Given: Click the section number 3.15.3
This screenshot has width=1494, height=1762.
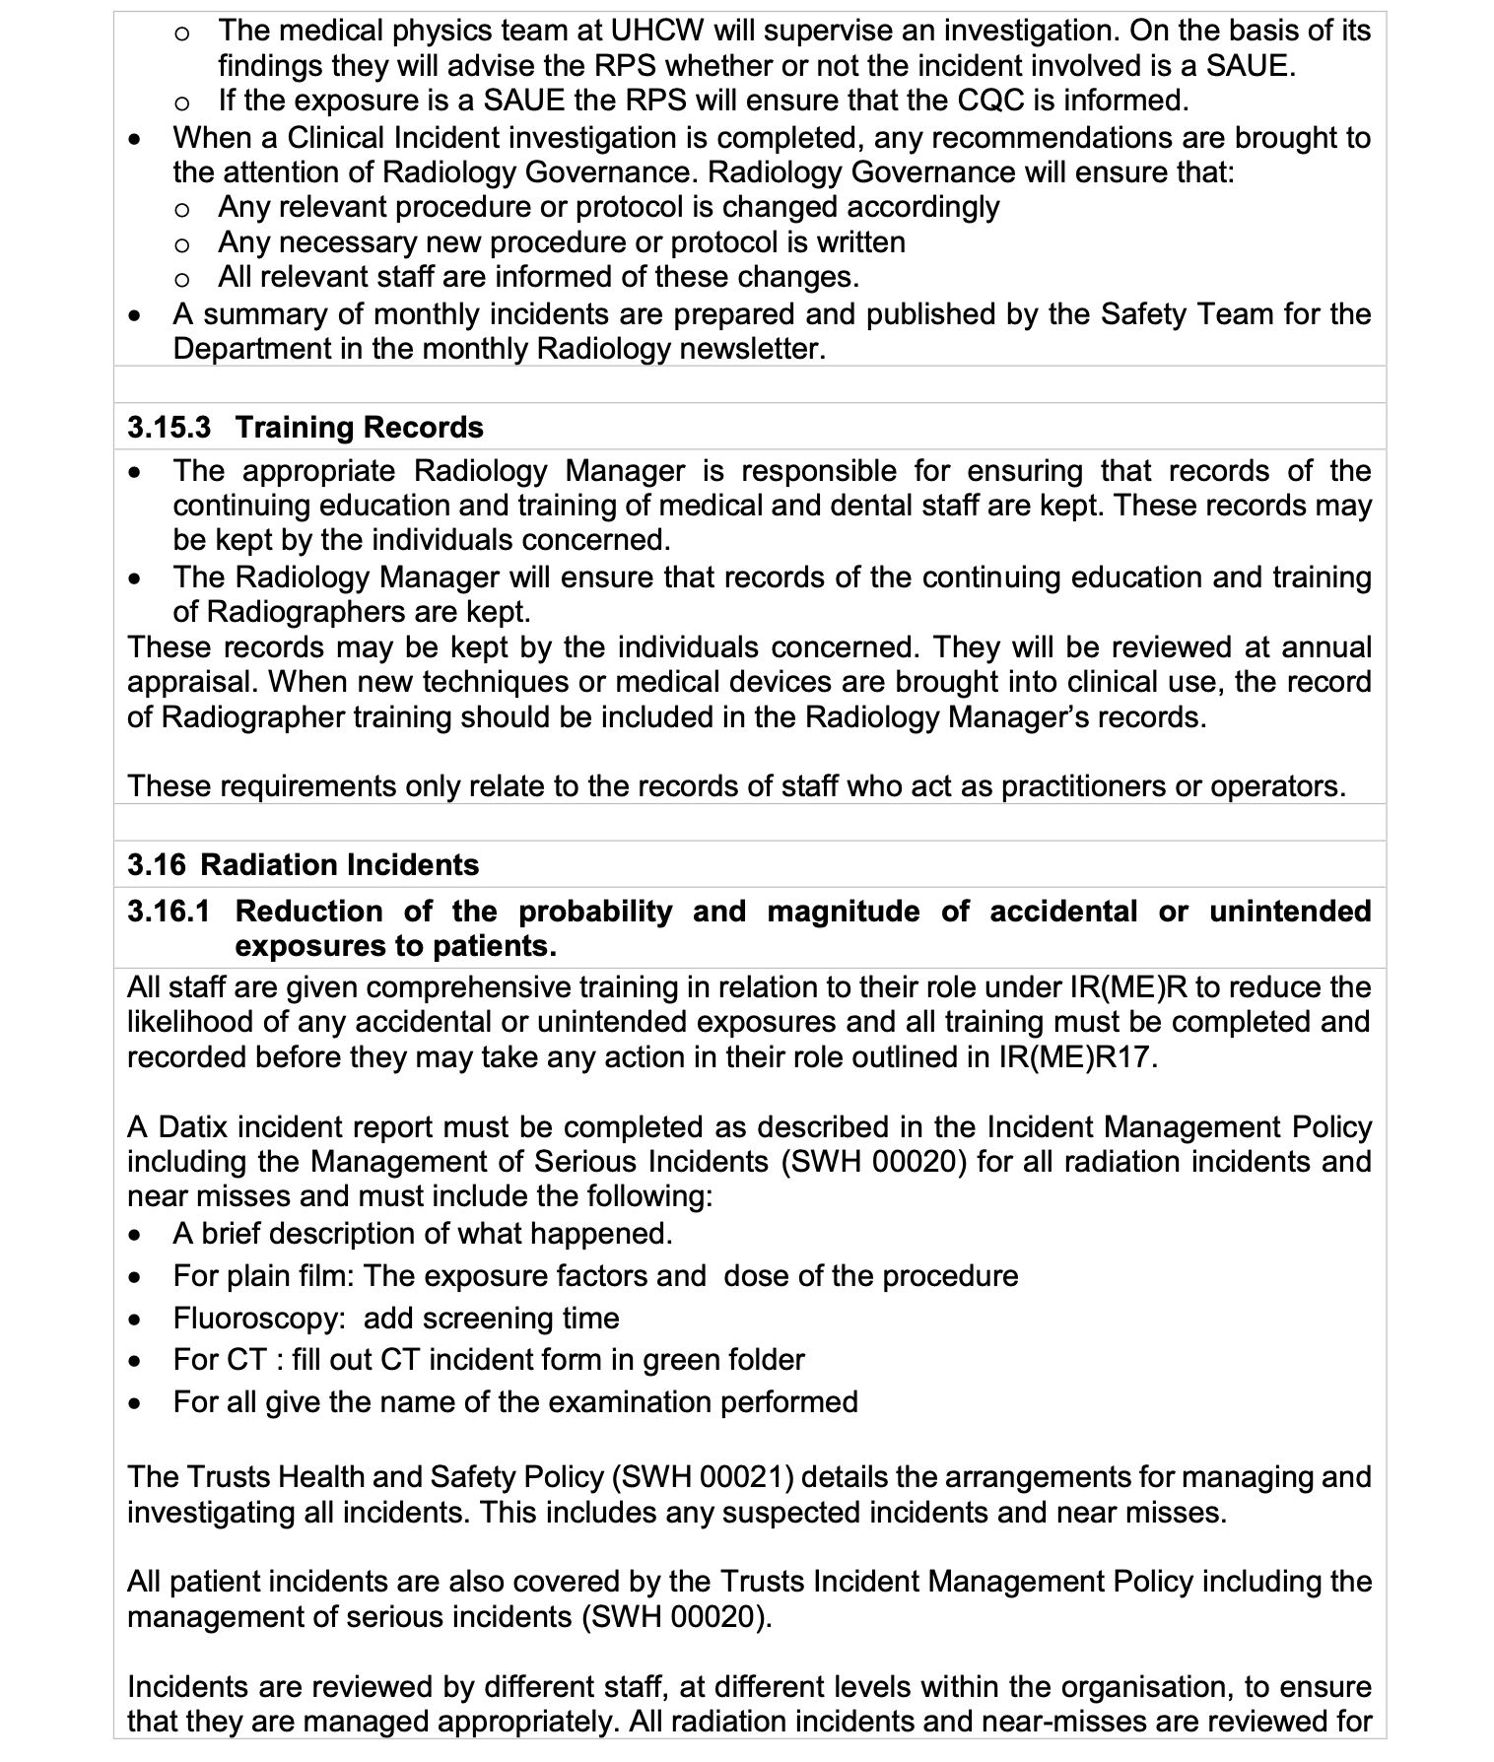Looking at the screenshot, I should tap(169, 427).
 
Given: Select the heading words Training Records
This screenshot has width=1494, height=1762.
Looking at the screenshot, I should tap(360, 427).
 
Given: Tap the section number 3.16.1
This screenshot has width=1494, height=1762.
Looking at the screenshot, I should tap(169, 911).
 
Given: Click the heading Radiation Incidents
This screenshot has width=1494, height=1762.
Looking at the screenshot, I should tap(340, 864).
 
